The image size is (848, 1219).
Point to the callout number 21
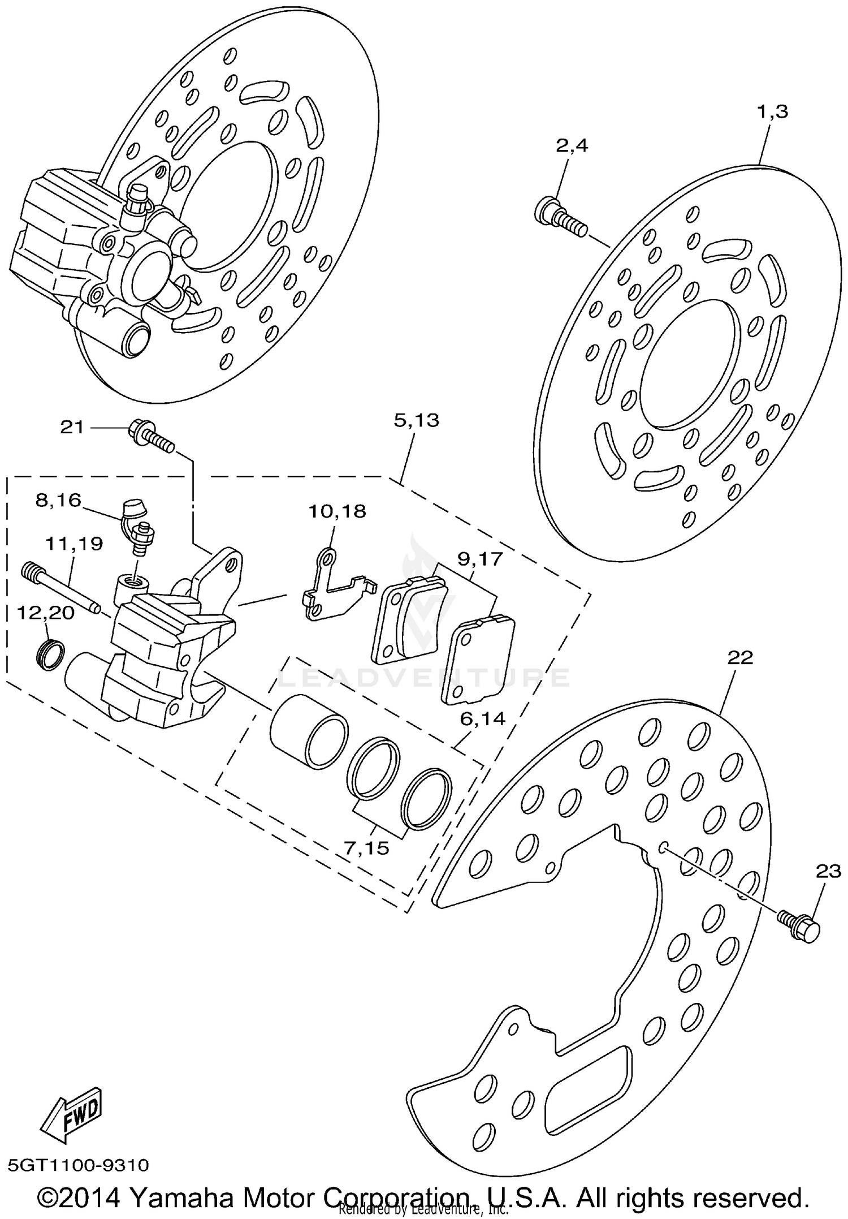[x=72, y=428]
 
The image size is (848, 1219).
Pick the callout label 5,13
[x=417, y=420]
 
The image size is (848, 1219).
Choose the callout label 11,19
[x=74, y=544]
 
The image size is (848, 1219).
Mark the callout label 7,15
[x=366, y=848]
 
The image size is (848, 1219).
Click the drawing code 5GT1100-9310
[x=79, y=1165]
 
